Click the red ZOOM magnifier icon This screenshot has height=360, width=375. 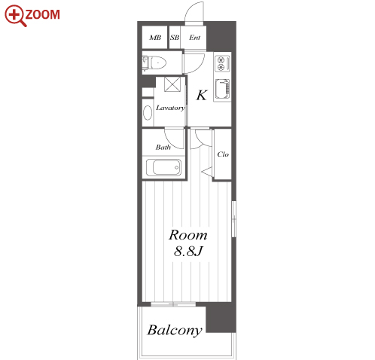[15, 15]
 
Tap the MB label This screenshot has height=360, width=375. [155, 38]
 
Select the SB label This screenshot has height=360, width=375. [175, 38]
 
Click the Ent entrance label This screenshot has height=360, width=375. [195, 38]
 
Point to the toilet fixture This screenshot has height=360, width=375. [154, 63]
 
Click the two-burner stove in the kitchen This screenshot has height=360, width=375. [222, 63]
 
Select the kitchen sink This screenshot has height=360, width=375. [222, 89]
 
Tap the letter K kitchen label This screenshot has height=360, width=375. [202, 96]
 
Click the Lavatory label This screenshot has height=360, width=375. [170, 108]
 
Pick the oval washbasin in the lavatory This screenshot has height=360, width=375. [148, 112]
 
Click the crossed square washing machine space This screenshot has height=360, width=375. [172, 84]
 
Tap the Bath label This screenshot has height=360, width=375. [163, 147]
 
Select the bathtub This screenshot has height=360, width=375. [163, 167]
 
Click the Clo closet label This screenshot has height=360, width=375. [223, 154]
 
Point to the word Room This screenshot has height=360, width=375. [188, 235]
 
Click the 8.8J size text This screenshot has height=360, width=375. [188, 251]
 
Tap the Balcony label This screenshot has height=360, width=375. [175, 330]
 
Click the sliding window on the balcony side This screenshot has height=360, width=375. [173, 304]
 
